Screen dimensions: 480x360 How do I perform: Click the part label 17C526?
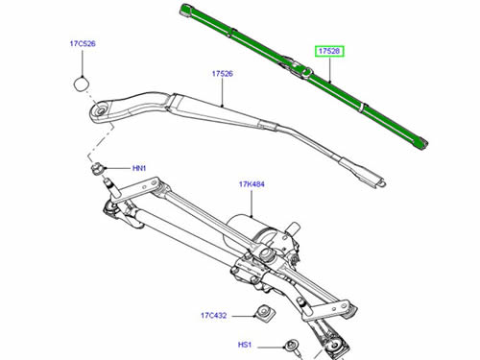click(83, 43)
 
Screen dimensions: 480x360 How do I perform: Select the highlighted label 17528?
click(330, 51)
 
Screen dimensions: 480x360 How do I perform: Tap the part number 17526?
click(223, 74)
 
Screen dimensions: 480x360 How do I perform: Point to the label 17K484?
click(252, 184)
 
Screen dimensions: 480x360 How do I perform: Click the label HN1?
click(139, 168)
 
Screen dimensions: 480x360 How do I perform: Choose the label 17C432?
click(214, 315)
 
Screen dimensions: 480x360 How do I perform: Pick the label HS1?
click(245, 345)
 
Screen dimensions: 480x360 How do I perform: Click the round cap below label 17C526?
click(82, 84)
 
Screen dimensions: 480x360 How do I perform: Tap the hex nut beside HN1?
click(97, 169)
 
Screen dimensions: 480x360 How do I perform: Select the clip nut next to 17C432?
click(265, 313)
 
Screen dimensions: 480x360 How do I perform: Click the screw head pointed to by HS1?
click(291, 345)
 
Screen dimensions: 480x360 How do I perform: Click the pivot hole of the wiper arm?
click(101, 110)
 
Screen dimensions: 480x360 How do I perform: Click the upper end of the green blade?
click(185, 9)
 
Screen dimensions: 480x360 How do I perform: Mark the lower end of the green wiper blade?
click(422, 143)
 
